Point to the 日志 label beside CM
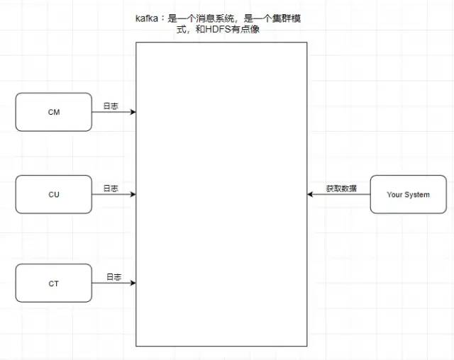click(111, 106)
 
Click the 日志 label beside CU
click(111, 189)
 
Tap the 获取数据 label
click(341, 189)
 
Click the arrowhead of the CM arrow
click(133, 112)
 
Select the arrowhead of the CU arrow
click(133, 193)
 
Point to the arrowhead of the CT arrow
click(133, 283)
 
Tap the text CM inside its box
click(54, 112)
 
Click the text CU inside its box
click(54, 194)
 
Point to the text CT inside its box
click(54, 283)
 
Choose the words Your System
click(408, 194)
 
